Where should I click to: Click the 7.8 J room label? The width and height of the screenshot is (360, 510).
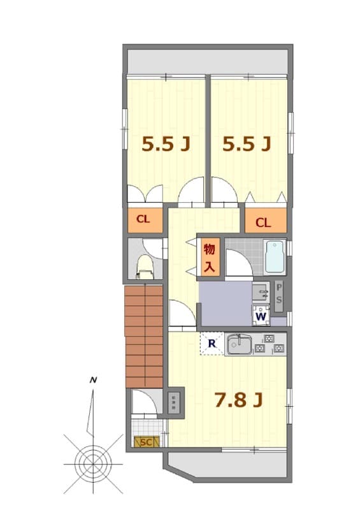coord(239,400)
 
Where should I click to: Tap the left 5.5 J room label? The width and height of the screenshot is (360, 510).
coord(166,145)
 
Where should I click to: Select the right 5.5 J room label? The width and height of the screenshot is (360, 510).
coord(247,145)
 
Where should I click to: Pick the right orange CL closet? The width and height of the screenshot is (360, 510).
coord(263,222)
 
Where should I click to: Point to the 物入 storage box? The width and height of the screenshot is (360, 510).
coord(210,258)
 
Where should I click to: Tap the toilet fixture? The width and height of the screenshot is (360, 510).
coord(145,266)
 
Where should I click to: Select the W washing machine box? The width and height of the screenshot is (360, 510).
coord(261,315)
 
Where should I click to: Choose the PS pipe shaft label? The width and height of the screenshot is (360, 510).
coord(279,295)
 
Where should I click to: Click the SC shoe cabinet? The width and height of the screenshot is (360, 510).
coord(145,441)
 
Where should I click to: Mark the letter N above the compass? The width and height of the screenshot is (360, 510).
coord(94,381)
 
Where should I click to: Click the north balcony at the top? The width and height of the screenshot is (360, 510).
coord(208,61)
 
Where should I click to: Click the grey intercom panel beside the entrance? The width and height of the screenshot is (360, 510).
coord(174,402)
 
